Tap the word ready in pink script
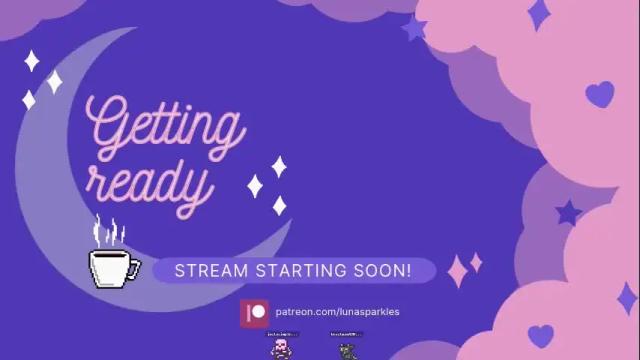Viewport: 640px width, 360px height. (x=150, y=183)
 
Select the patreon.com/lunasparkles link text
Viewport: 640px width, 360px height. (x=337, y=312)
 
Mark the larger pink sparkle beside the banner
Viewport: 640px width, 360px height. (x=459, y=270)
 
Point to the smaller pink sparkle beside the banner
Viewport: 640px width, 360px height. (x=476, y=262)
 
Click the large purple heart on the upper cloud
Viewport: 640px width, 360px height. (x=599, y=94)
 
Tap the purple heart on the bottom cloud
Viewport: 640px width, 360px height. (x=541, y=335)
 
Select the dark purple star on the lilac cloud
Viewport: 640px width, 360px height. (x=569, y=212)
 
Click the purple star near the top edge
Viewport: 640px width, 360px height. (x=414, y=28)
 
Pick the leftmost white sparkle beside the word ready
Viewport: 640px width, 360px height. (x=255, y=185)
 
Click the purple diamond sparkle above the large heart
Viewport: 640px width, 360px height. (x=539, y=14)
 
